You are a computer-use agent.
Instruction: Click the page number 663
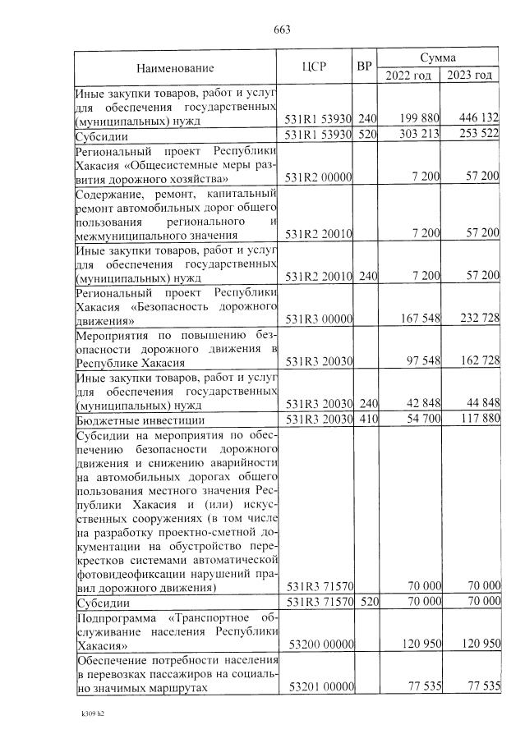click(282, 30)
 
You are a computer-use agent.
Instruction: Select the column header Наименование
click(175, 67)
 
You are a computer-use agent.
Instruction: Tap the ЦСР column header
click(316, 67)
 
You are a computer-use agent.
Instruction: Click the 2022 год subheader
click(408, 76)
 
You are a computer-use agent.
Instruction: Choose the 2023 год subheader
click(470, 76)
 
